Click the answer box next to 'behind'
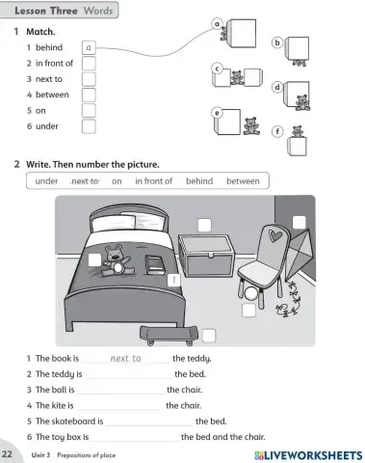[x=89, y=46]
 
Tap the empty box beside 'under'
[x=89, y=125]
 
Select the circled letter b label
[x=277, y=42]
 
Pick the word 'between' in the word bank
[x=243, y=180]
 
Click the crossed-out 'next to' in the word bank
[x=86, y=180]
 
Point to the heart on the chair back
[x=276, y=234]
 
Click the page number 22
[x=8, y=452]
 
